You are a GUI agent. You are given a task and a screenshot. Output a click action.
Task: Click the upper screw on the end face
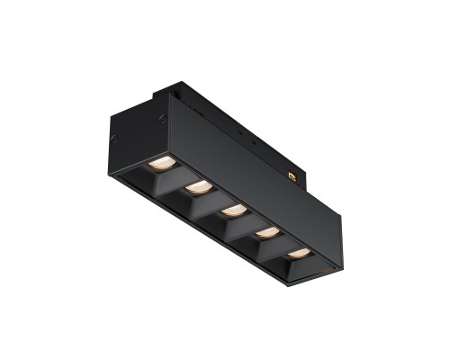(162, 118)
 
